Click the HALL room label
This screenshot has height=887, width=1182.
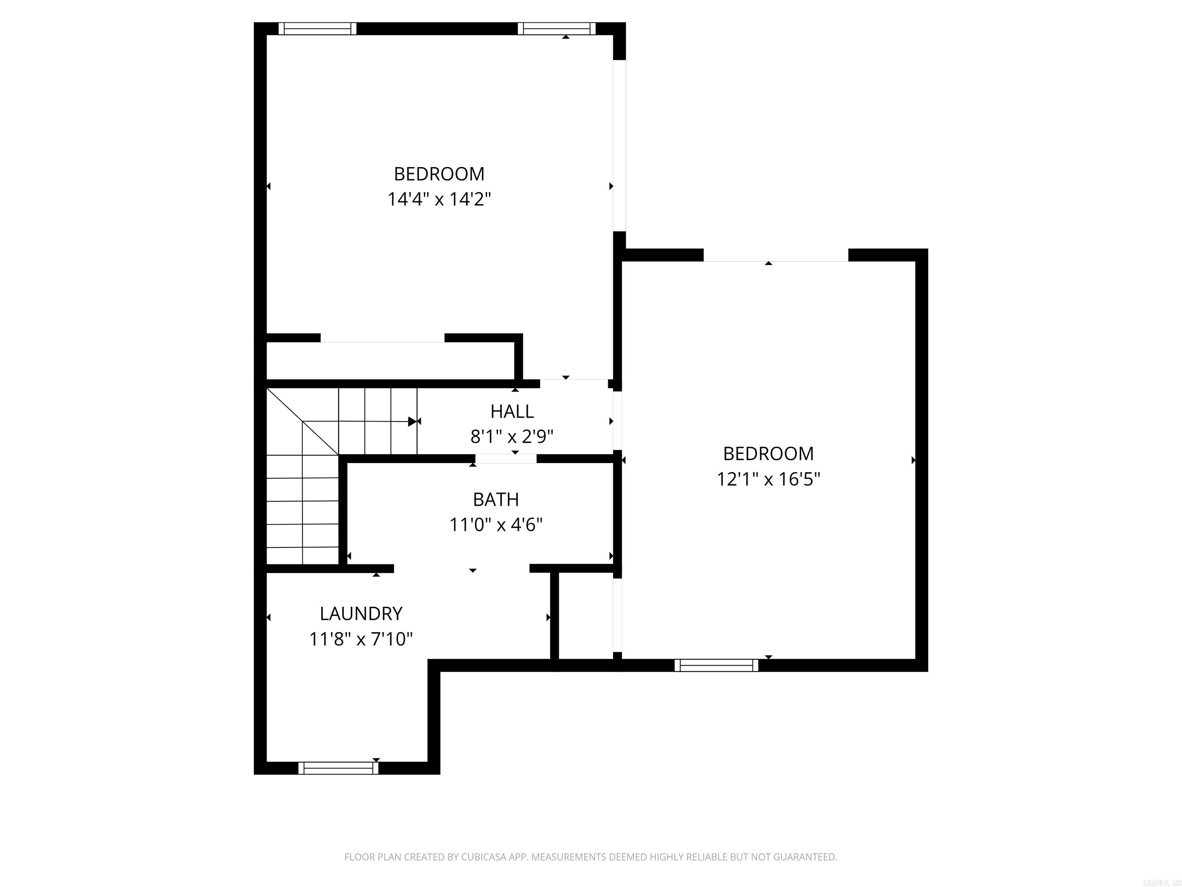click(x=512, y=412)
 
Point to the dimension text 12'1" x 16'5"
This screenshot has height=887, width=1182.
click(x=768, y=479)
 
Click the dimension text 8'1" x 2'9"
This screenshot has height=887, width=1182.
click(x=511, y=437)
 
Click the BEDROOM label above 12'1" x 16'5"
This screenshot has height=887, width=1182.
click(x=768, y=454)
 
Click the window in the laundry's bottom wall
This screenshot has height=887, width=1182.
click(x=338, y=768)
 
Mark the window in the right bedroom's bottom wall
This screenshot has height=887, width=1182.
click(x=716, y=665)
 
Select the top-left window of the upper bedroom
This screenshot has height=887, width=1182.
click(x=317, y=28)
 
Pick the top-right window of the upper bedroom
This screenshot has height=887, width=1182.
click(x=556, y=28)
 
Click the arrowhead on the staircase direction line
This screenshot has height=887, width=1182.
click(x=412, y=421)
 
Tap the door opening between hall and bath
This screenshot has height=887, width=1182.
click(x=506, y=458)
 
